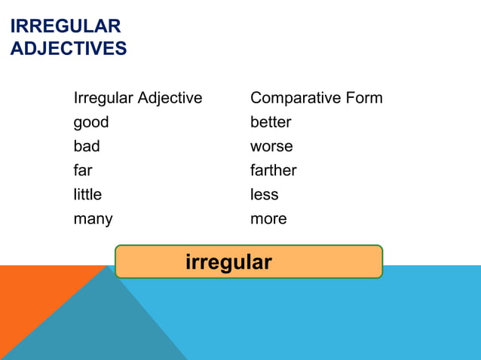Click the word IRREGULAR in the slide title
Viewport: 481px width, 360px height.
click(x=66, y=26)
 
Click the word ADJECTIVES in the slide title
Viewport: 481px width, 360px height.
click(x=69, y=49)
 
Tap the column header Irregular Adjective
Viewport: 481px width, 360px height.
click(x=138, y=98)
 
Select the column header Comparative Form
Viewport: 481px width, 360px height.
click(x=316, y=98)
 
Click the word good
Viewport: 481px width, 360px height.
click(x=91, y=122)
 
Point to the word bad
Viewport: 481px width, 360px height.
click(x=87, y=146)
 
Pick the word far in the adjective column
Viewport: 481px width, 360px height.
click(x=83, y=170)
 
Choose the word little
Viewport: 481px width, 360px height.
click(x=87, y=194)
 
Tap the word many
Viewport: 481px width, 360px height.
click(x=93, y=219)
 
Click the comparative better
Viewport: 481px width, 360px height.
click(x=271, y=122)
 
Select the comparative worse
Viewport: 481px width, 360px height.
click(x=271, y=146)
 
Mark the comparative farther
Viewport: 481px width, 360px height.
click(x=273, y=170)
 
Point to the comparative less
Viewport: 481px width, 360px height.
click(x=265, y=194)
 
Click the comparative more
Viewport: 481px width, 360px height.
click(x=268, y=219)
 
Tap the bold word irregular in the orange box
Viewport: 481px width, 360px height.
click(x=228, y=262)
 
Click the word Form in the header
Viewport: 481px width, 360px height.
click(x=363, y=98)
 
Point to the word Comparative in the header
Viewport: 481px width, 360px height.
click(x=296, y=98)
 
